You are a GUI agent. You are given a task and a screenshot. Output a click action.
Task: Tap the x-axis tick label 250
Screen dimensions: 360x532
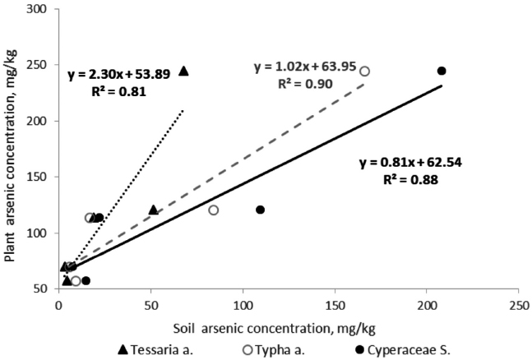click(x=518, y=304)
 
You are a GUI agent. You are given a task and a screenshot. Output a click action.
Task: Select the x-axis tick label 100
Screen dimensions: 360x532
click(x=242, y=304)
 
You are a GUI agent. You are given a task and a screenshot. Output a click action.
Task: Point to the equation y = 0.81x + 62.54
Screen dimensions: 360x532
click(x=415, y=161)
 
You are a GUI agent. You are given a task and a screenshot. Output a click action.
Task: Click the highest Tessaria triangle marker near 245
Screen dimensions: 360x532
click(x=183, y=72)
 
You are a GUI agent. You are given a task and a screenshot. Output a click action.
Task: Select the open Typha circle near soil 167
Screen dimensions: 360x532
click(x=365, y=72)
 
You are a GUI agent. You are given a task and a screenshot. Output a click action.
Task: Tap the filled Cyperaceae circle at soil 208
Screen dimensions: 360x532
click(x=442, y=72)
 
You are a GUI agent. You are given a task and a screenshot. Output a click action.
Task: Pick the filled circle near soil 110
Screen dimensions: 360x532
click(x=260, y=210)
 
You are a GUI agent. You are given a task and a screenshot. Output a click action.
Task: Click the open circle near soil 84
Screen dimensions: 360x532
click(x=214, y=210)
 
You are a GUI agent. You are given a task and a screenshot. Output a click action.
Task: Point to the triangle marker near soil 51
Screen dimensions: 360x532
click(x=153, y=210)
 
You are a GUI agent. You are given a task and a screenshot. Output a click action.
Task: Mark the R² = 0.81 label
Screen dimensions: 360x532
click(x=120, y=90)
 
